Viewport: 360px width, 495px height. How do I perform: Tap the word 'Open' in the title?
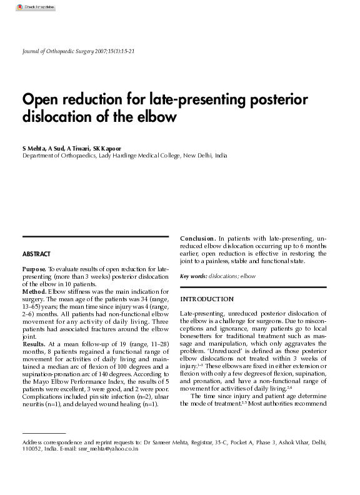[x=41, y=100]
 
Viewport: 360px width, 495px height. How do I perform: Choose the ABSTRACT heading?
[x=36, y=254]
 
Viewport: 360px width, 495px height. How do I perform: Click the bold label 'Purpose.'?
[x=34, y=269]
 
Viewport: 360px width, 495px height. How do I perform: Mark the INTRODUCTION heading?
[x=206, y=299]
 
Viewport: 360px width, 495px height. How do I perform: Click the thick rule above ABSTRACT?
[x=96, y=236]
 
